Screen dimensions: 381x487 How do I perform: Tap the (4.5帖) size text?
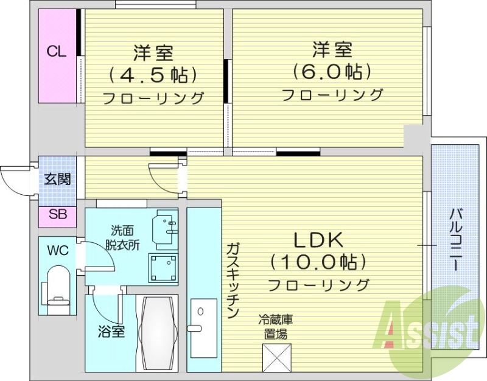pyautogui.click(x=153, y=75)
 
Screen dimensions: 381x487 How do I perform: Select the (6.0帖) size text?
pyautogui.click(x=332, y=72)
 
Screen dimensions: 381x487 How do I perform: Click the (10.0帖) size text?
pyautogui.click(x=319, y=262)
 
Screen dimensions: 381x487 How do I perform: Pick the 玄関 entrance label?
pyautogui.click(x=57, y=179)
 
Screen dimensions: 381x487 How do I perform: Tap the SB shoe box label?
pyautogui.click(x=58, y=215)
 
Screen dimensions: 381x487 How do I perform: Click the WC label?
pyautogui.click(x=58, y=250)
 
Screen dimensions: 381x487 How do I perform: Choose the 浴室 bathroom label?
pyautogui.click(x=111, y=332)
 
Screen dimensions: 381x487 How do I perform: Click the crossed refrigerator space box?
pyautogui.click(x=276, y=358)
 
